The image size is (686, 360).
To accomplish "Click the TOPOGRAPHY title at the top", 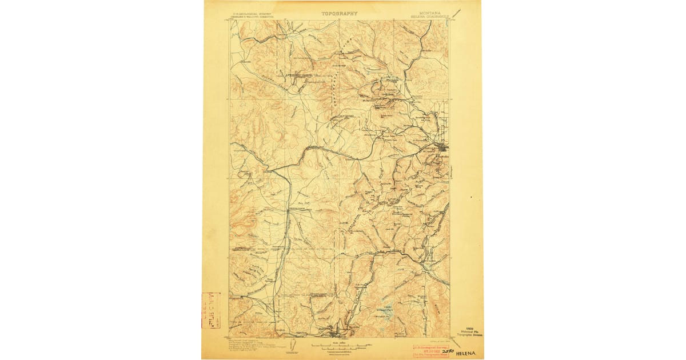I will click(x=339, y=13).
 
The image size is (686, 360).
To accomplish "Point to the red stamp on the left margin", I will click(x=210, y=310).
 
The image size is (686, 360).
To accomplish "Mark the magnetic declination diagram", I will click(x=292, y=346).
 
